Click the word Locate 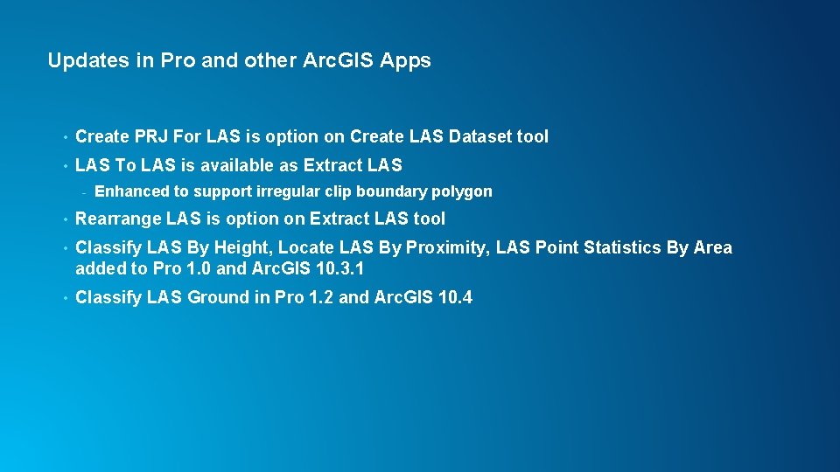pyautogui.click(x=304, y=248)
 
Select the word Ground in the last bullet pyautogui.click(x=218, y=297)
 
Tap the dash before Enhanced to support pyautogui.click(x=83, y=192)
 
